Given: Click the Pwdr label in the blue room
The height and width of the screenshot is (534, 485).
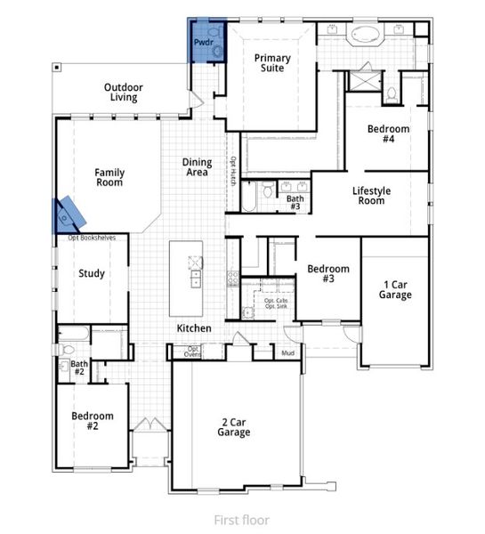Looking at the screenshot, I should pyautogui.click(x=203, y=42).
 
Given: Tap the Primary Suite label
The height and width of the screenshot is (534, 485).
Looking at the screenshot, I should pyautogui.click(x=272, y=63).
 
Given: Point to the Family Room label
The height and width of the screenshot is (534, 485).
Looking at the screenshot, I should pyautogui.click(x=109, y=177).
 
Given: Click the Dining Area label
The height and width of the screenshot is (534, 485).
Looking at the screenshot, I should pyautogui.click(x=197, y=166).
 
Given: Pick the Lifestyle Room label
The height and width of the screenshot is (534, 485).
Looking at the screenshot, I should pyautogui.click(x=368, y=195).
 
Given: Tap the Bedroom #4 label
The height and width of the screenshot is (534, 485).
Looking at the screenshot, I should pyautogui.click(x=389, y=134).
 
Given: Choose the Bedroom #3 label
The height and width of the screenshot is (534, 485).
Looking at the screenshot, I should pyautogui.click(x=327, y=273).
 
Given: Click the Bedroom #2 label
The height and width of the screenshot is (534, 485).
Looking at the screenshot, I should pyautogui.click(x=93, y=420).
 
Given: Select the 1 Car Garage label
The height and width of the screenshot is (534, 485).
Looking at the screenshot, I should pyautogui.click(x=394, y=288).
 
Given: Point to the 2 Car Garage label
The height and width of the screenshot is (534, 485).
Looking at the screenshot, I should pyautogui.click(x=235, y=427).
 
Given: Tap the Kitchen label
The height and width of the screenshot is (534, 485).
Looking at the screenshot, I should pyautogui.click(x=194, y=328).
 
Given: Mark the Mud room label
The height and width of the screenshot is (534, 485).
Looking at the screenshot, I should pyautogui.click(x=288, y=353).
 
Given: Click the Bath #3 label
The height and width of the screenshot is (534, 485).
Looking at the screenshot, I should pyautogui.click(x=295, y=203).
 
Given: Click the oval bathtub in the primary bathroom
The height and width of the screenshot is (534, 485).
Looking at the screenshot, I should pyautogui.click(x=366, y=36).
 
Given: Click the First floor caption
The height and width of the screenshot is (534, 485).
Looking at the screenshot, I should pyautogui.click(x=241, y=519).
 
